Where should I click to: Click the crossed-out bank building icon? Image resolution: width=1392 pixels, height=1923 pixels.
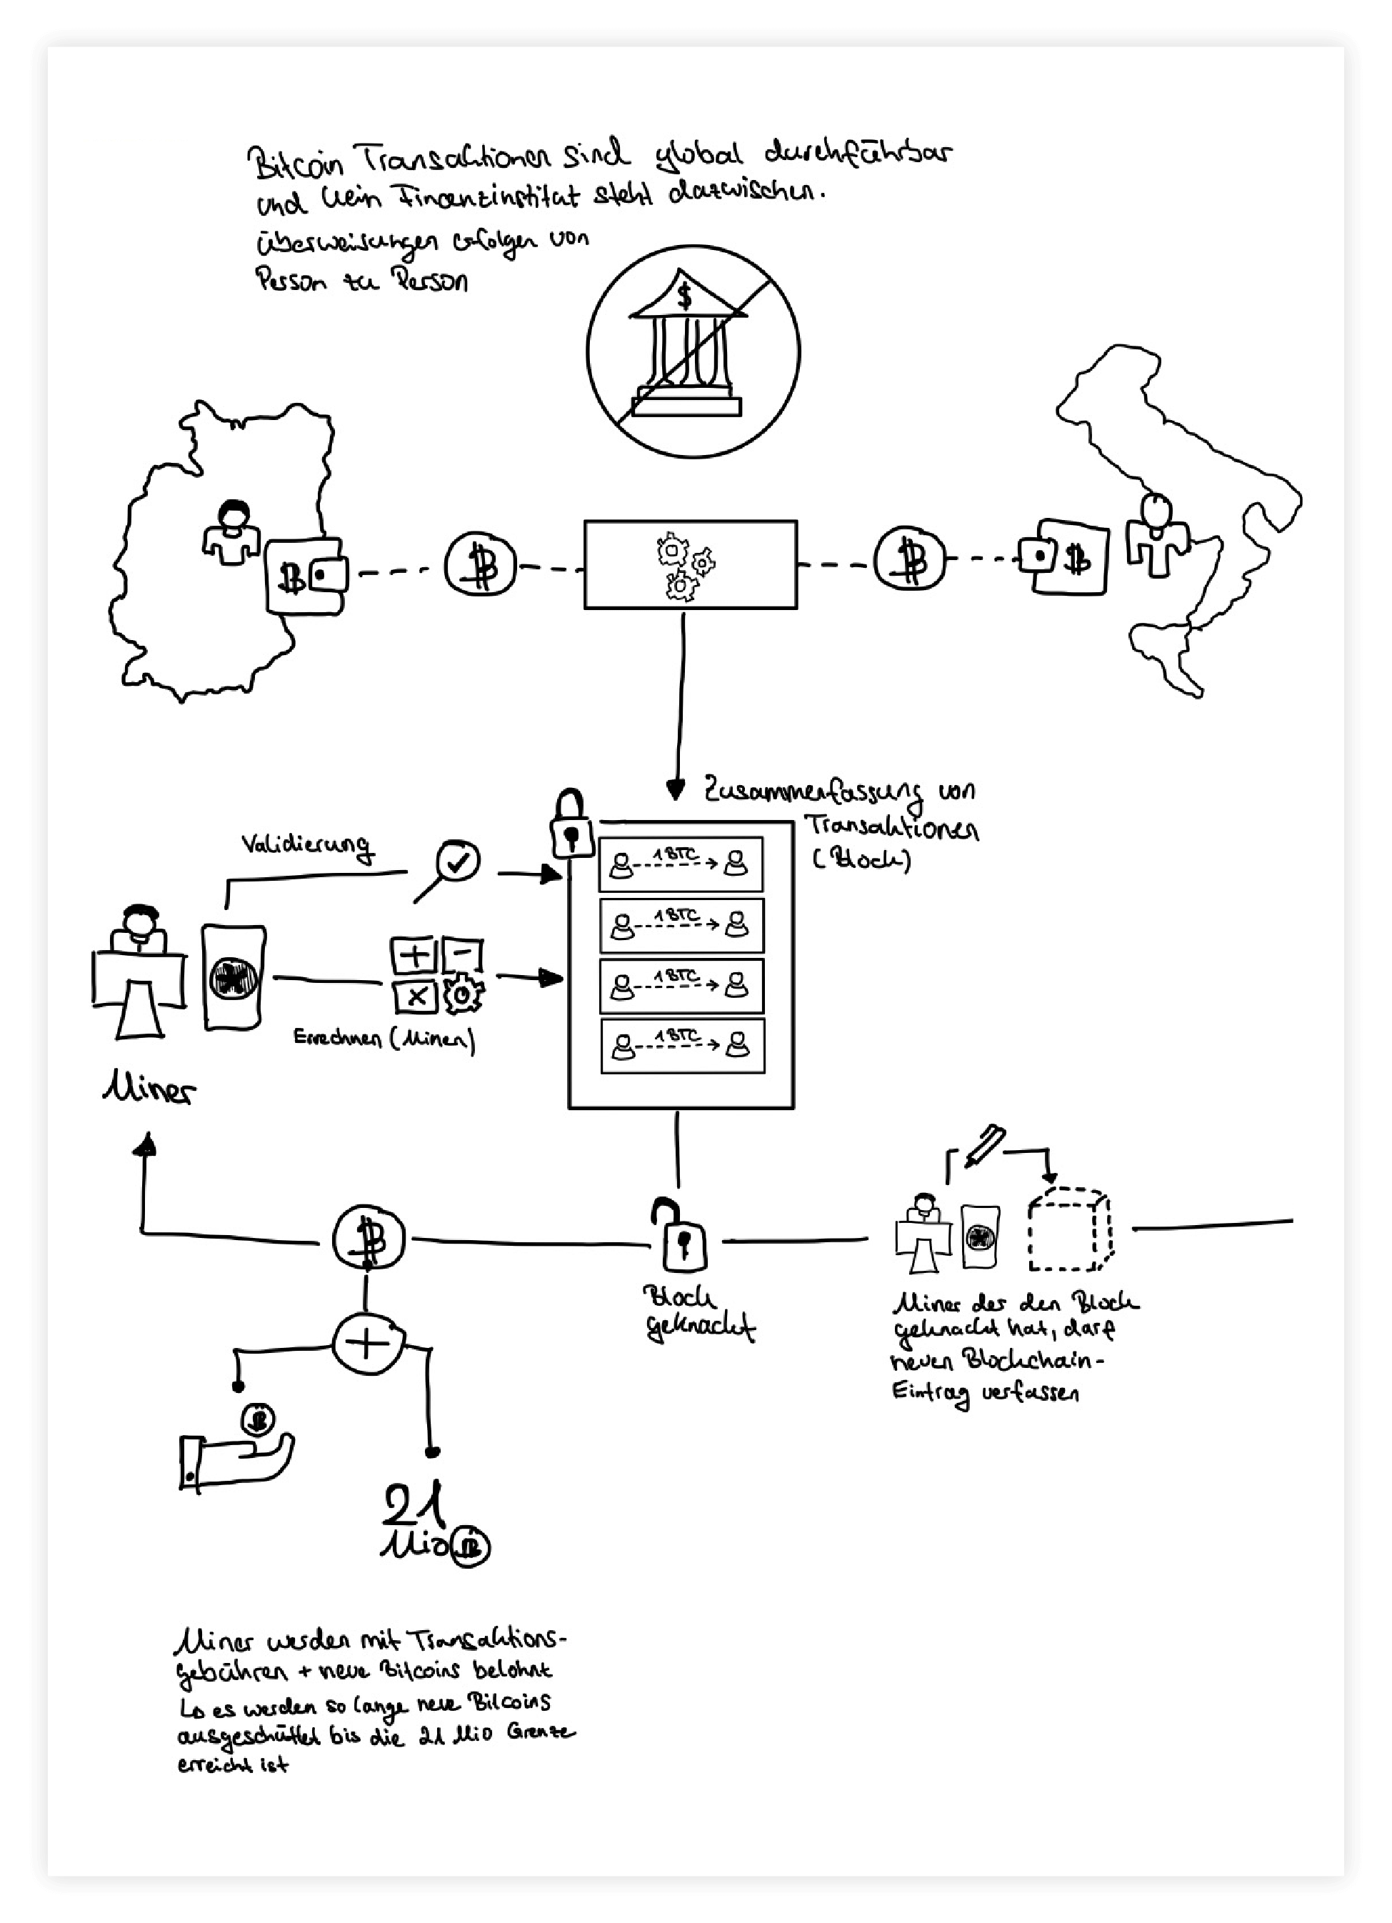coord(694,350)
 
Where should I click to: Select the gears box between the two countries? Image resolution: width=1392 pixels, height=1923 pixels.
coord(690,564)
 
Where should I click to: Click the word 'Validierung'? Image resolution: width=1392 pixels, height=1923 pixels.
coord(306,845)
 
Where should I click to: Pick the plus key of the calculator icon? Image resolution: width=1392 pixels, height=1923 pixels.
coord(414,956)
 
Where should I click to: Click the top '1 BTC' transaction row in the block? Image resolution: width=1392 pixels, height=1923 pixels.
coord(681,864)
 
